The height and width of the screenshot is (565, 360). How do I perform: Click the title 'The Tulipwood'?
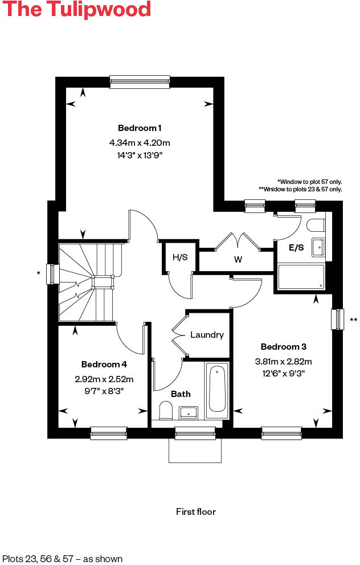tap(76, 10)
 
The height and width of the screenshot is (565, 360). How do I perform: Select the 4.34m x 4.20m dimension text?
tap(140, 142)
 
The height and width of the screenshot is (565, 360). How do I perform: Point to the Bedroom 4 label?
tap(104, 365)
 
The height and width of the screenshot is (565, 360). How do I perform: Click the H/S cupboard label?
tap(180, 257)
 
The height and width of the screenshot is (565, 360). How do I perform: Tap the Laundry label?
tap(207, 335)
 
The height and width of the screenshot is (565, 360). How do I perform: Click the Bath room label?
tap(181, 394)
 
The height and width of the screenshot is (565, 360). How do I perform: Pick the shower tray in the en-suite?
tap(301, 277)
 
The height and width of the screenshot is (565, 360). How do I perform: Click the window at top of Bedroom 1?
tap(140, 82)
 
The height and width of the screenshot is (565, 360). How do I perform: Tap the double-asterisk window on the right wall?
tap(338, 319)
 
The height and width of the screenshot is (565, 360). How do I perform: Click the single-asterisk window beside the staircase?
tap(52, 273)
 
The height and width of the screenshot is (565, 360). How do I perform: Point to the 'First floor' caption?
tap(196, 512)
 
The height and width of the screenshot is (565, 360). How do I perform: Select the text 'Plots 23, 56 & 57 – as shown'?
tap(62, 559)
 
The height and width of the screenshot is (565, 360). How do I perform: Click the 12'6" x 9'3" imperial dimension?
tap(287, 373)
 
